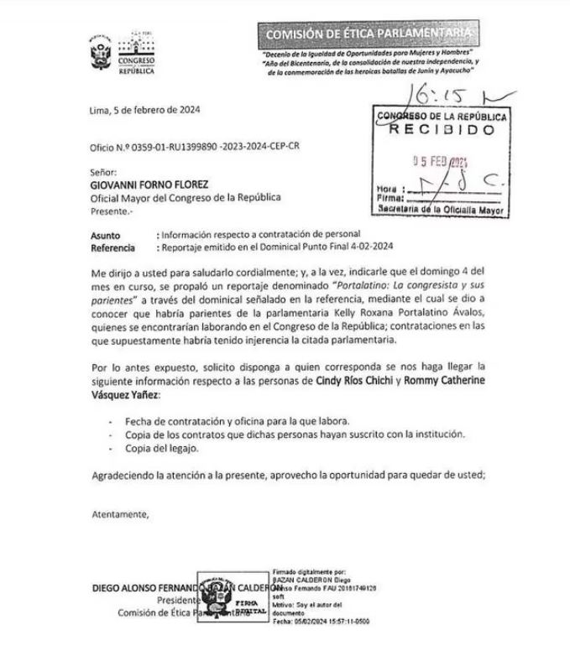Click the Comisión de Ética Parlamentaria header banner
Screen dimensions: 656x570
pyautogui.click(x=369, y=33)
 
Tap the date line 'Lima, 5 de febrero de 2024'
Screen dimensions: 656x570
pyautogui.click(x=144, y=110)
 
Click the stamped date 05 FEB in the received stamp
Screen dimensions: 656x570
pyautogui.click(x=442, y=164)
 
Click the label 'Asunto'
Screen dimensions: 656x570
pyautogui.click(x=106, y=236)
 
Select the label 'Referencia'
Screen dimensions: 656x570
pyautogui.click(x=112, y=247)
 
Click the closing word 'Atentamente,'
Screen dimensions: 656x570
pyautogui.click(x=120, y=514)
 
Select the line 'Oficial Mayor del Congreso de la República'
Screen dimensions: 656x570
pyautogui.click(x=186, y=198)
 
